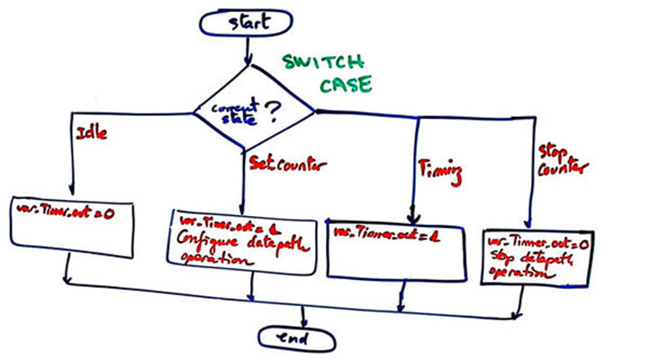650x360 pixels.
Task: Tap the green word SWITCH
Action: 321,65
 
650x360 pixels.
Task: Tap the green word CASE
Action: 348,86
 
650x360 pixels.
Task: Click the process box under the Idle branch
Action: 68,221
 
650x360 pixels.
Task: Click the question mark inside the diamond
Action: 270,110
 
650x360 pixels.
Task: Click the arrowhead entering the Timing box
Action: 413,217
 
